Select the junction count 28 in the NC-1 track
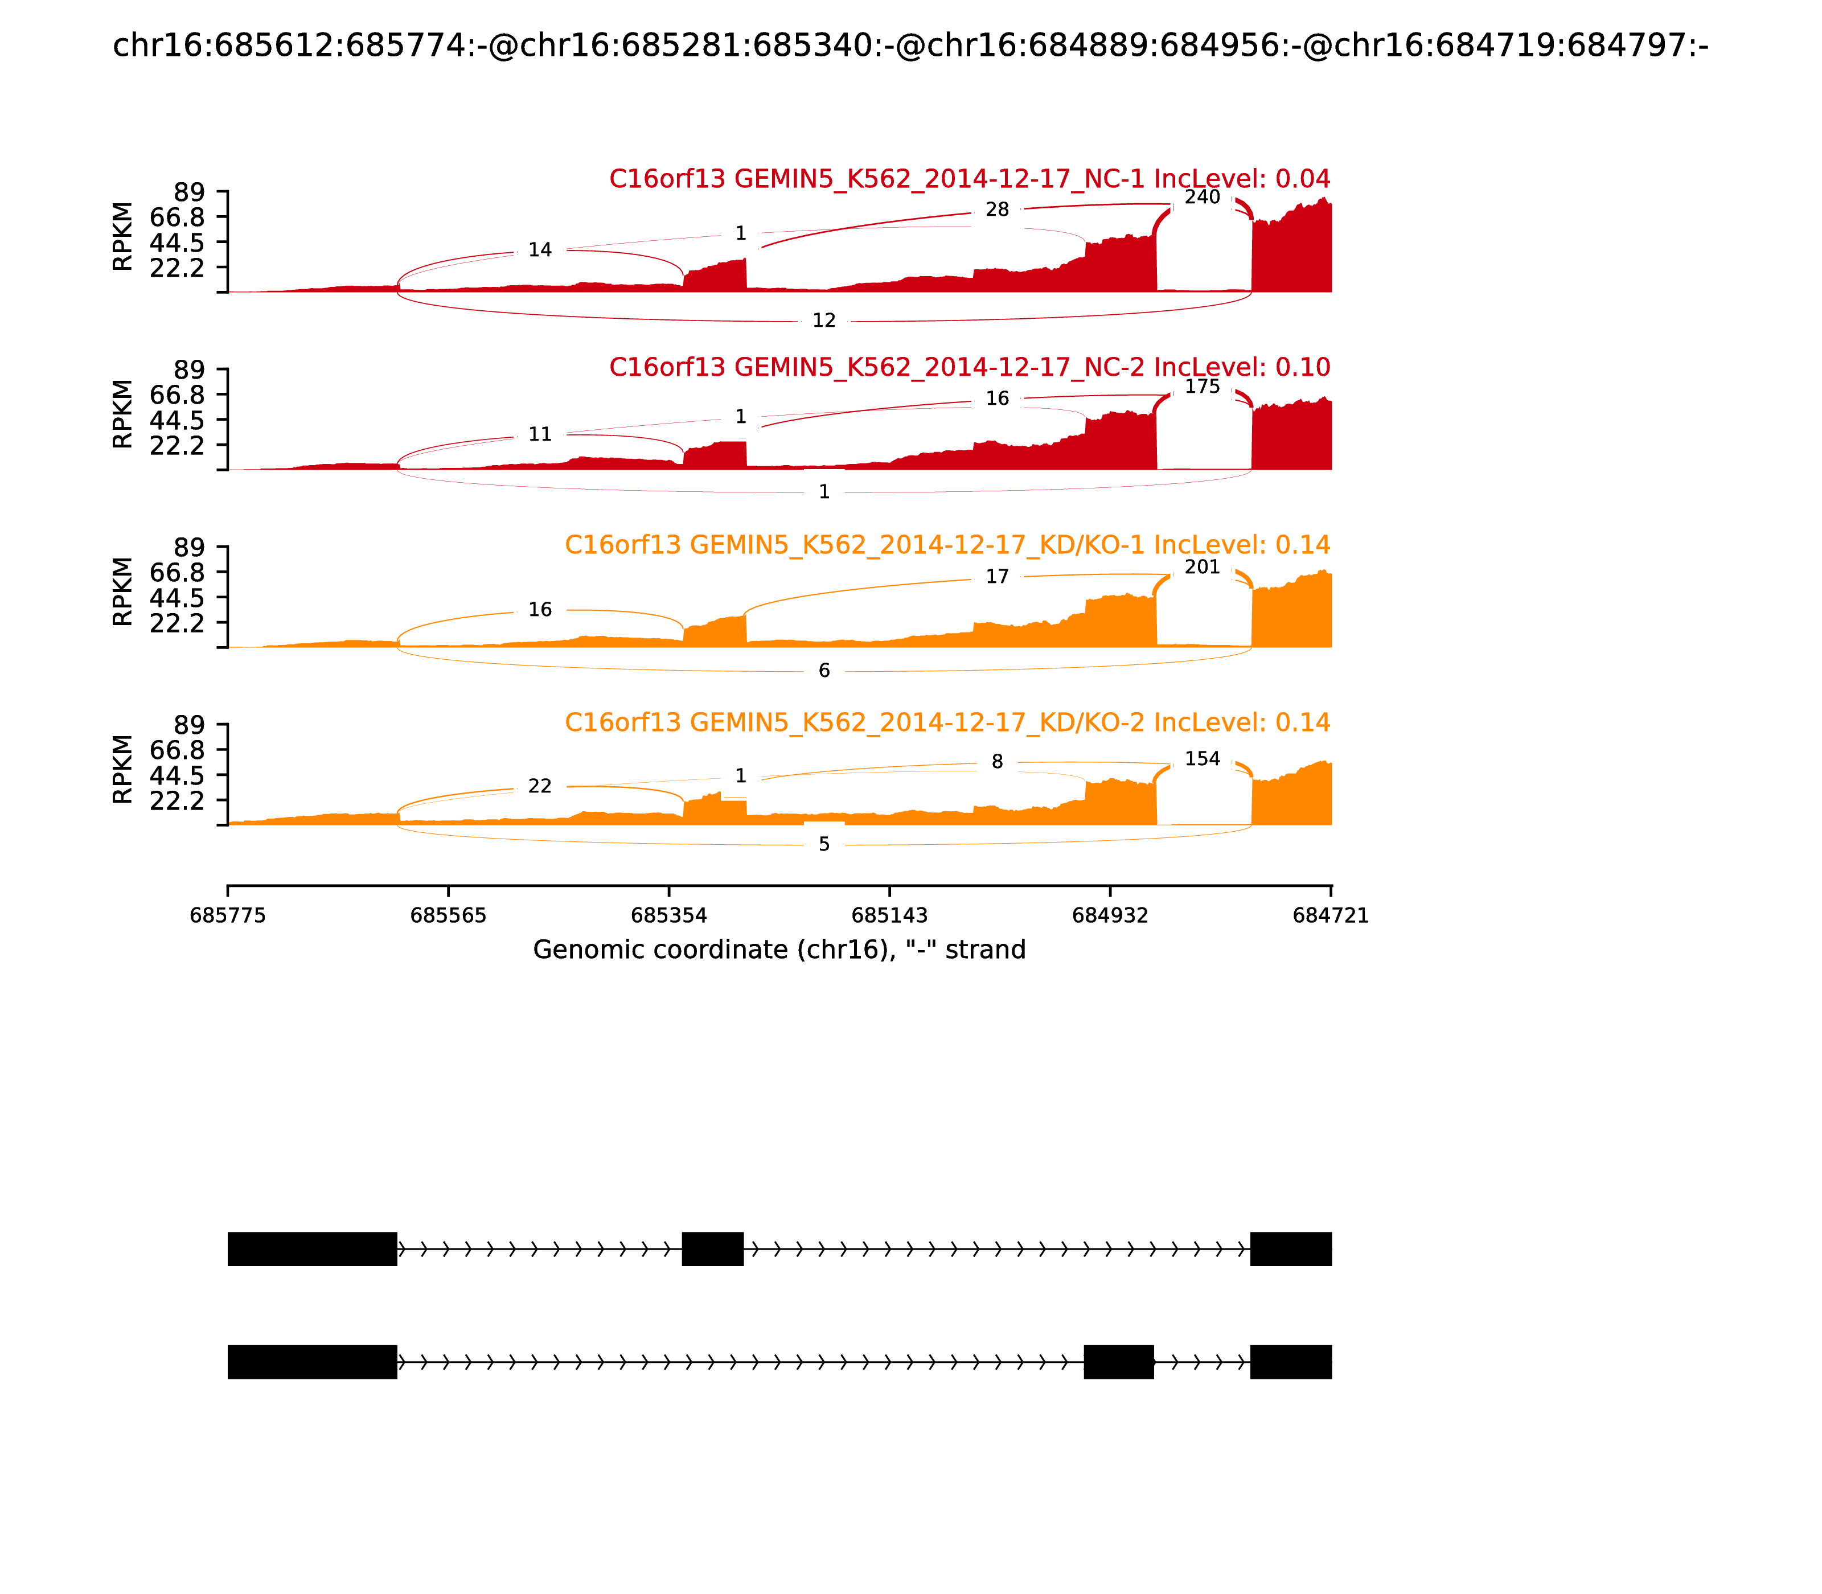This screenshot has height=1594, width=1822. tap(998, 210)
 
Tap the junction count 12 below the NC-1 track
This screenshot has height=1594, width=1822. tap(824, 320)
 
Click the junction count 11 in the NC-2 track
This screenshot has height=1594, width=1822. tap(540, 434)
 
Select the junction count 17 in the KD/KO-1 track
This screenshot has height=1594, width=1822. tap(998, 576)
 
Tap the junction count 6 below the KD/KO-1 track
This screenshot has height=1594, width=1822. tap(824, 670)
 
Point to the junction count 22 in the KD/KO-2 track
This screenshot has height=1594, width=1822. tap(540, 786)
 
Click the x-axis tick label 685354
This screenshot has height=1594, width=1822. tap(669, 915)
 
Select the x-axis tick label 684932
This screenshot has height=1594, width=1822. tap(1110, 915)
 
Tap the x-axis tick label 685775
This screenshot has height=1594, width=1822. tap(228, 915)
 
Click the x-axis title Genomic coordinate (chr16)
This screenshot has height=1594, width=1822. tap(779, 950)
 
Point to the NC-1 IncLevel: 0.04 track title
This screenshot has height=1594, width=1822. tap(969, 179)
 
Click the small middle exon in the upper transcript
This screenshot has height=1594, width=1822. tap(713, 1249)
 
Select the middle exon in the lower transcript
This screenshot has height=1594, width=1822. tap(1118, 1362)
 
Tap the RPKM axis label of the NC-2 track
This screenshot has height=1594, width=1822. tap(123, 414)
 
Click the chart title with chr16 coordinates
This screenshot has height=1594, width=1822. tap(910, 46)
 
